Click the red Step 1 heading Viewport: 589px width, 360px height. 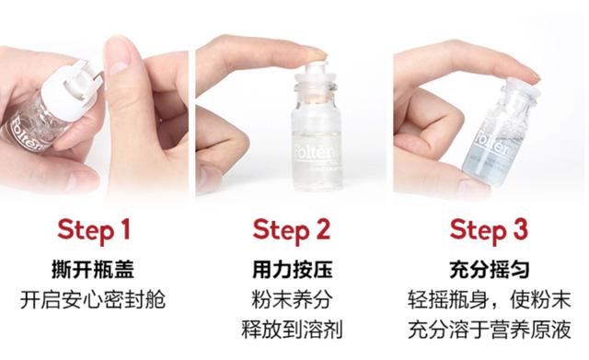(94, 230)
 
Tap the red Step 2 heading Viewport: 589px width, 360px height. (292, 230)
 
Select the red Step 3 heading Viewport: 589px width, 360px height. (489, 230)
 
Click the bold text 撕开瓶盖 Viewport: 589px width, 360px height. (93, 269)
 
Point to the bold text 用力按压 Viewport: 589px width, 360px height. (293, 269)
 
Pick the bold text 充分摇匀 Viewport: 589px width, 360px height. (490, 269)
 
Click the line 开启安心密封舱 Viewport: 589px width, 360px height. (93, 299)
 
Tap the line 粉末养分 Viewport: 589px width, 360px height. (292, 299)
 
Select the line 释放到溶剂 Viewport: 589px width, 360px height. (292, 330)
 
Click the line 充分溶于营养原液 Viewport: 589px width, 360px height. (490, 330)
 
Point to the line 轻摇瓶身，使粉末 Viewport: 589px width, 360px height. (490, 299)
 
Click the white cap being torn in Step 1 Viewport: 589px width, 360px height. (71, 91)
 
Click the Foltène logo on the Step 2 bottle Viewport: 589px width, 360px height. (313, 149)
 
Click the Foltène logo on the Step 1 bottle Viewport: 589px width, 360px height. (27, 133)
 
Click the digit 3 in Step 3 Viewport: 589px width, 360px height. (520, 229)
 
